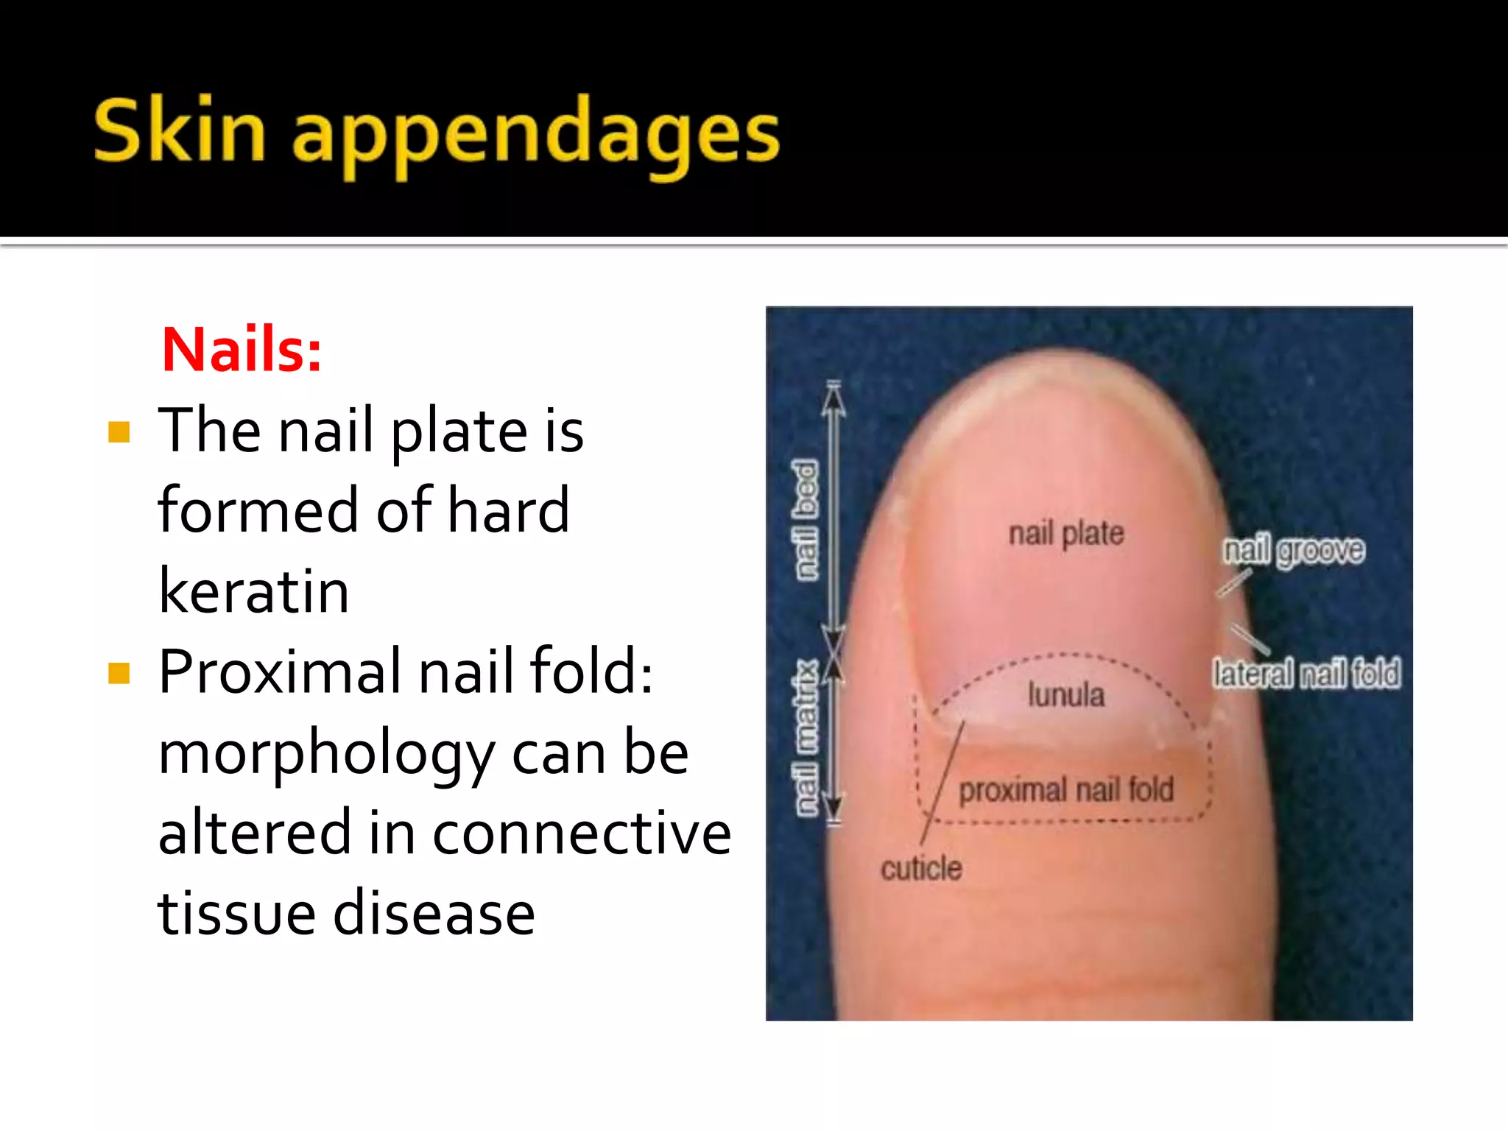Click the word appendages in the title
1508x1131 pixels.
point(536,136)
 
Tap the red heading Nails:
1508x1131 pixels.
point(242,349)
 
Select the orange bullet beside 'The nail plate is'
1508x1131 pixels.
point(119,432)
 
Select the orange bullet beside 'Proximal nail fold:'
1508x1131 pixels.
point(119,673)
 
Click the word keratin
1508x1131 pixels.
point(254,591)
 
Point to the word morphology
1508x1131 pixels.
point(326,754)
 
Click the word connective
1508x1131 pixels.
point(582,833)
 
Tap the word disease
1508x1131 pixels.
point(434,913)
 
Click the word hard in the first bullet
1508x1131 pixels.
point(509,510)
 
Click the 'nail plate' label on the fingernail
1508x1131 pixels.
point(1066,533)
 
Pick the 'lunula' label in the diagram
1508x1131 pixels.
point(1066,695)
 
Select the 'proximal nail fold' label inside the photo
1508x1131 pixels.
point(1066,790)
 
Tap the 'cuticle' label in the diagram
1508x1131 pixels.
point(921,869)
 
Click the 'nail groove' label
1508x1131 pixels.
point(1294,551)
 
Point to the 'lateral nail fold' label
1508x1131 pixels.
point(1306,674)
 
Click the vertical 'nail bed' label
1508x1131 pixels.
point(806,520)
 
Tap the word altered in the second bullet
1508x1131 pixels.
point(254,833)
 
